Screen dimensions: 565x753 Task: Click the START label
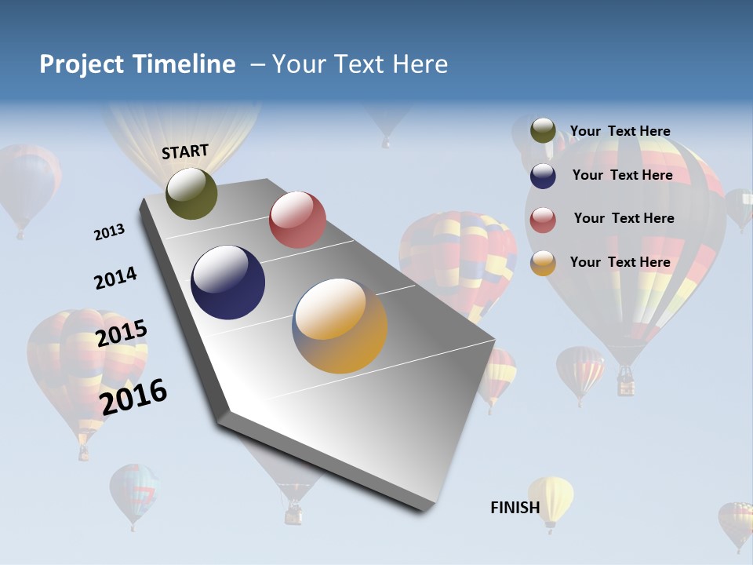pos(185,151)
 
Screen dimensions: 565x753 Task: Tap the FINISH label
pos(515,508)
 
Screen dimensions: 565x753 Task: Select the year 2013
pos(109,232)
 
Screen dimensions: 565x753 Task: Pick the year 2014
pos(115,279)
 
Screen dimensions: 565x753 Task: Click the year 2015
pos(122,334)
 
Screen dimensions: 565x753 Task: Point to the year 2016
pos(133,397)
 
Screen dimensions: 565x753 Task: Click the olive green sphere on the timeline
pos(191,193)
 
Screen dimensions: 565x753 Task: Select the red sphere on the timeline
pos(297,220)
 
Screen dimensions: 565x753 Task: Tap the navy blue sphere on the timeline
pos(228,282)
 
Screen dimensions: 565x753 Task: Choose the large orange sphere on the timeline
pos(340,326)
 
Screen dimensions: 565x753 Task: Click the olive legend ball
pos(543,131)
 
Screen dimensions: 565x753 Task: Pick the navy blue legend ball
pos(543,176)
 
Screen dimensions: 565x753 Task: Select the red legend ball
pos(543,220)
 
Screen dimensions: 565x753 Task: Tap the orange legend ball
pos(543,263)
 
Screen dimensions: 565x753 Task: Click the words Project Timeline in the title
pos(137,64)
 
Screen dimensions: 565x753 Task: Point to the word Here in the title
pos(420,64)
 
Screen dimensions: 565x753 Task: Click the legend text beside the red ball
pos(624,218)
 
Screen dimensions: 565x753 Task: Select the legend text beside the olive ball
pos(620,131)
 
